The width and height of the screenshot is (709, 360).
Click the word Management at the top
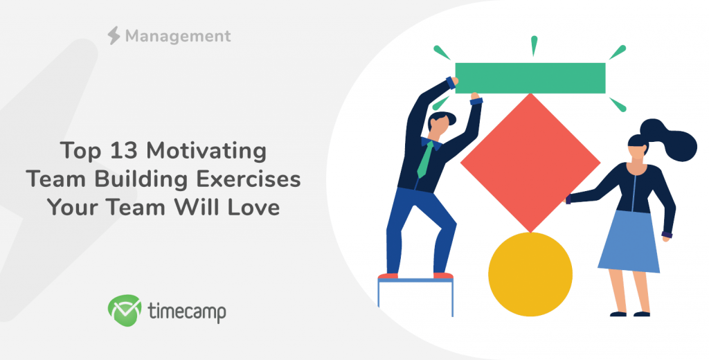tap(178, 36)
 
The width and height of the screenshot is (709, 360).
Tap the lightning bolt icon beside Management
tap(114, 35)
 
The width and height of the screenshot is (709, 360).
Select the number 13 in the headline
tap(123, 150)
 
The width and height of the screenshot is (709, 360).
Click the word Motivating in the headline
tap(206, 152)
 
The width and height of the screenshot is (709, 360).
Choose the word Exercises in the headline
tap(249, 179)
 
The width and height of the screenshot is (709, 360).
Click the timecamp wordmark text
tap(187, 312)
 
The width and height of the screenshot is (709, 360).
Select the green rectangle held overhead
tap(530, 78)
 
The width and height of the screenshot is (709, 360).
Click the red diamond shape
tap(530, 163)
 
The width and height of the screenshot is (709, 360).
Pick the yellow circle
tap(530, 274)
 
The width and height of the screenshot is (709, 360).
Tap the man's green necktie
tap(425, 160)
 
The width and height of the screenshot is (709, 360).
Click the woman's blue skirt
tap(629, 242)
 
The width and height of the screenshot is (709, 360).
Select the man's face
tap(438, 126)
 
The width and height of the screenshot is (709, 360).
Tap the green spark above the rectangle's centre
tap(534, 46)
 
